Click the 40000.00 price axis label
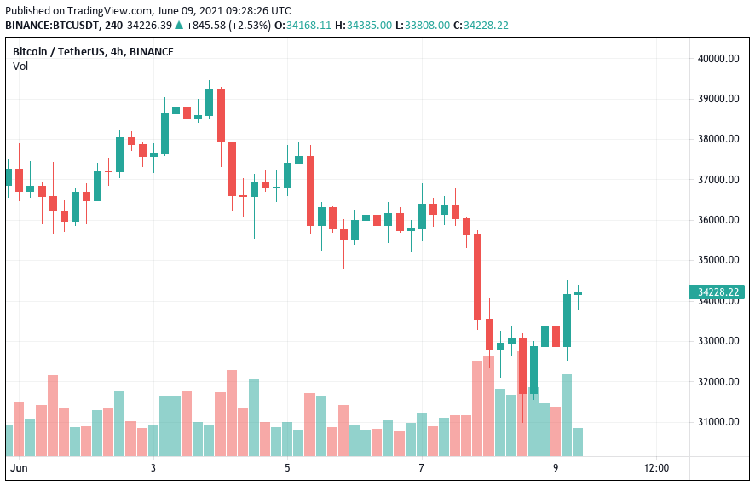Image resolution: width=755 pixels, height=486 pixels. pos(718,59)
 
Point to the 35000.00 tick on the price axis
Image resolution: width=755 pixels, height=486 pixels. pos(718,260)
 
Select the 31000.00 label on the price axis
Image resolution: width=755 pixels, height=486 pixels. pos(718,422)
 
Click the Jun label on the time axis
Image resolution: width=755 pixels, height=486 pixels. pos(19,468)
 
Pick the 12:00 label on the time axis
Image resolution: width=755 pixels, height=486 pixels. pos(656,468)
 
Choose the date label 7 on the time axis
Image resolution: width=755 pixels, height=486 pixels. pos(422,468)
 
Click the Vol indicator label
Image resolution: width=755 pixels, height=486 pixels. pos(20,66)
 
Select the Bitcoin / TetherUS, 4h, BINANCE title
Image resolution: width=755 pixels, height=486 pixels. pos(93,51)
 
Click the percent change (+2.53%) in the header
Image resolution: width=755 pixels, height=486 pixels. pos(252,25)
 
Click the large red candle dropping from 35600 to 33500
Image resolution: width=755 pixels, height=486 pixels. pos(478,276)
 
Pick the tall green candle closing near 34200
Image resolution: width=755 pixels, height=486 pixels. pos(567,320)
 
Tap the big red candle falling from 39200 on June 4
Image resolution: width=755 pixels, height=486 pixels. pos(221,115)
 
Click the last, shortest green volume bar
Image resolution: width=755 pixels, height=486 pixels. pos(578,441)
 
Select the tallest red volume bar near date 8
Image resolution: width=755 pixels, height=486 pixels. pos(488,405)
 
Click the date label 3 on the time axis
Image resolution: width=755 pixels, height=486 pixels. pos(153,468)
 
